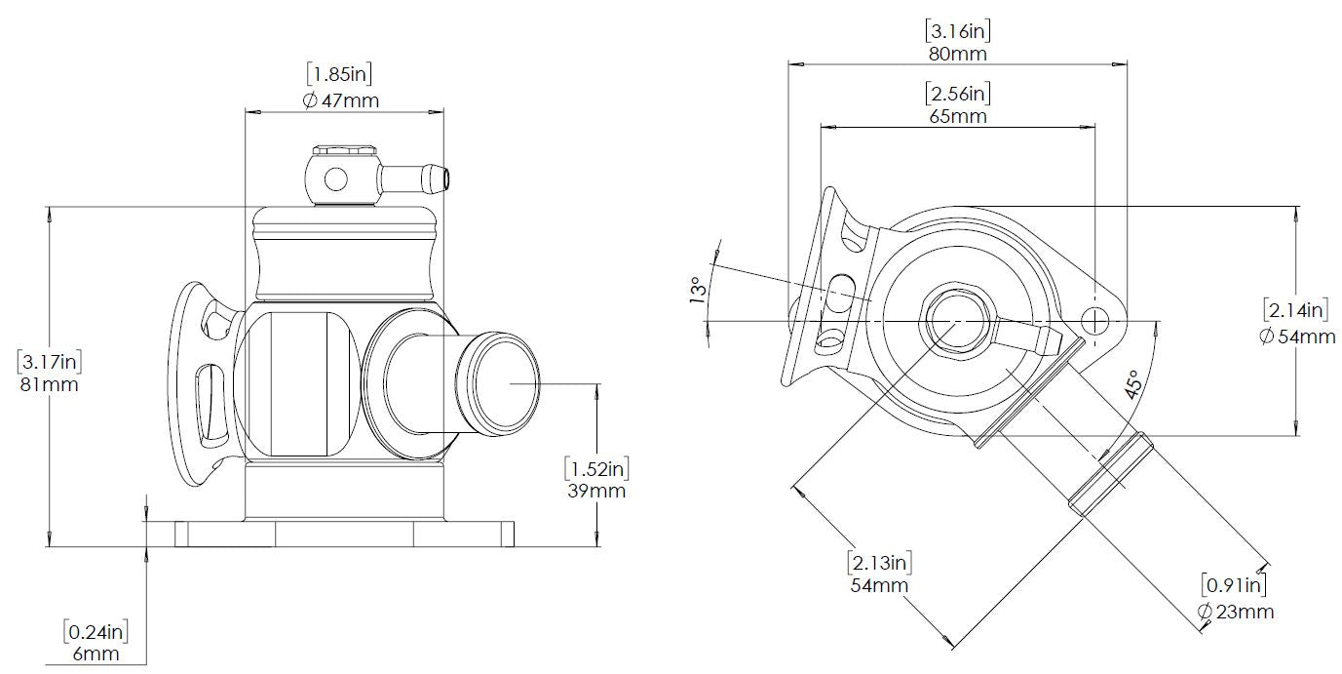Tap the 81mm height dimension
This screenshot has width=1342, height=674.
tap(49, 384)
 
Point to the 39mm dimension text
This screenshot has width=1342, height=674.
tap(595, 491)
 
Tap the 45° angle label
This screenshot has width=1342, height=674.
tap(1131, 385)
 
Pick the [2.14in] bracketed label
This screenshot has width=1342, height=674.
tap(1296, 311)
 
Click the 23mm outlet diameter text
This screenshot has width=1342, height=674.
tap(1236, 612)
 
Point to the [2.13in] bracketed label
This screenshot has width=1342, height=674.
tap(879, 562)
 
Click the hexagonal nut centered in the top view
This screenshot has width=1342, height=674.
tap(954, 320)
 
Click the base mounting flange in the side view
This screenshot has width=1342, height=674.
tap(345, 534)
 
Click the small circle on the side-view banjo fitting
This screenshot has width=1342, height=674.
tap(334, 179)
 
